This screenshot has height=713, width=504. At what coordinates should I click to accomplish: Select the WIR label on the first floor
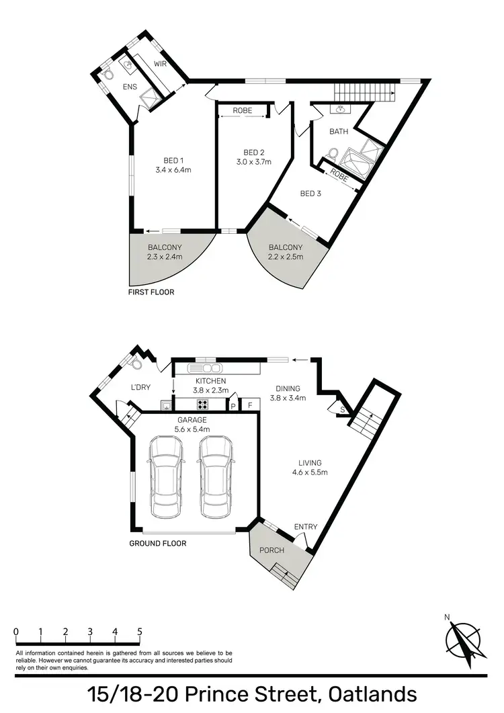coord(160,64)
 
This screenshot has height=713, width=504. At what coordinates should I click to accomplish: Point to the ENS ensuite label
coord(129,87)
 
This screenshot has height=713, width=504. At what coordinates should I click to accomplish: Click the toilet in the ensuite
coord(108,75)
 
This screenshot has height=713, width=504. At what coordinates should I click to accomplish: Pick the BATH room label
coord(339,132)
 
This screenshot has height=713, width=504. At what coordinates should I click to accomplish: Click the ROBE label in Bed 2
coord(243,110)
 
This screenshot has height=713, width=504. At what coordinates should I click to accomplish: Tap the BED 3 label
coord(310,194)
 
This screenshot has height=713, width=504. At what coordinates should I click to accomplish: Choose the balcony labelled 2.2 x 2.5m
coord(286,252)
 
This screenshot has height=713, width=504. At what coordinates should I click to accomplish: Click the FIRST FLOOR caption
coord(151,292)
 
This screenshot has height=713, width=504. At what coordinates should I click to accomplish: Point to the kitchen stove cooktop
coord(203,405)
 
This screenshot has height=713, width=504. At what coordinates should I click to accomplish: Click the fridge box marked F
coord(250,405)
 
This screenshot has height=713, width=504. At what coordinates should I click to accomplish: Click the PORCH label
coord(272,550)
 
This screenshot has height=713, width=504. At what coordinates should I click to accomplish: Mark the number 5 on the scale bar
coord(140,632)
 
